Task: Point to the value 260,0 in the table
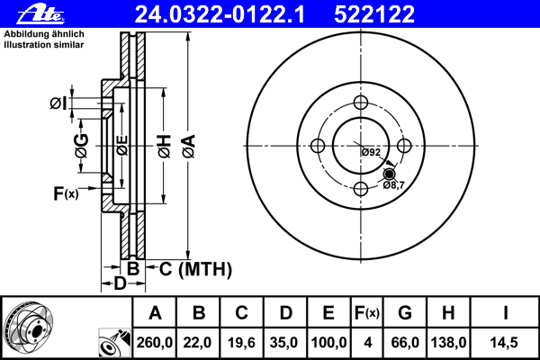coord(155,343)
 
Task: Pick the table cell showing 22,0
coord(199,343)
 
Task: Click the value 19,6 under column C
coord(242,343)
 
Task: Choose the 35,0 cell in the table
coord(285,343)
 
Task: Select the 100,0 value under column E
coord(328,343)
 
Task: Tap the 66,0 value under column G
coord(405,343)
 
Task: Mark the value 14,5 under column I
coord(505,343)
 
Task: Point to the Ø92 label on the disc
coord(371,151)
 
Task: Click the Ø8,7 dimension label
coord(394,185)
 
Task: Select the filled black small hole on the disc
coord(389,174)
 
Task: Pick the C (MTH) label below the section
coord(195,269)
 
